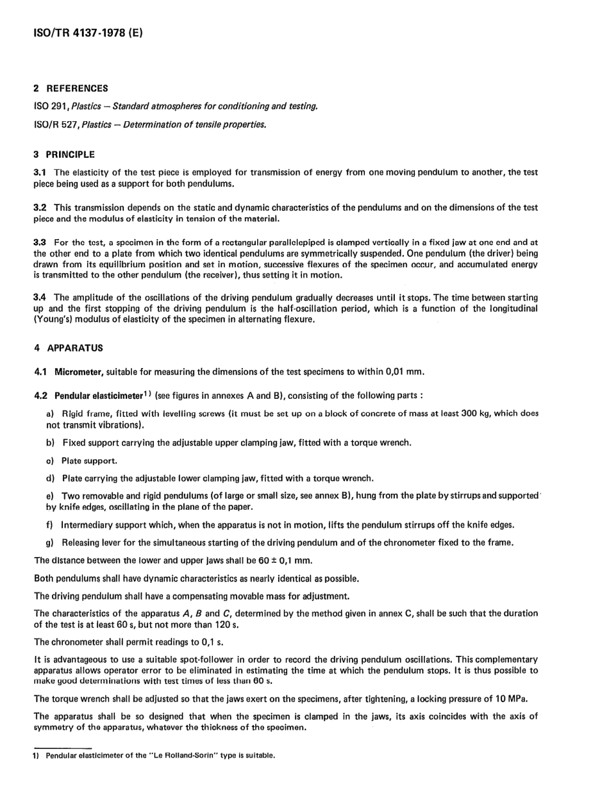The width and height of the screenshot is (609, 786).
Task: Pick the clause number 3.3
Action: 40,243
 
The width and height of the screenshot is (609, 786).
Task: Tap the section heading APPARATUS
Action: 75,348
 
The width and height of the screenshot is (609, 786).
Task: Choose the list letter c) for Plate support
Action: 50,461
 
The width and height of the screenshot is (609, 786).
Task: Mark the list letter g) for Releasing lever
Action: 50,543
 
